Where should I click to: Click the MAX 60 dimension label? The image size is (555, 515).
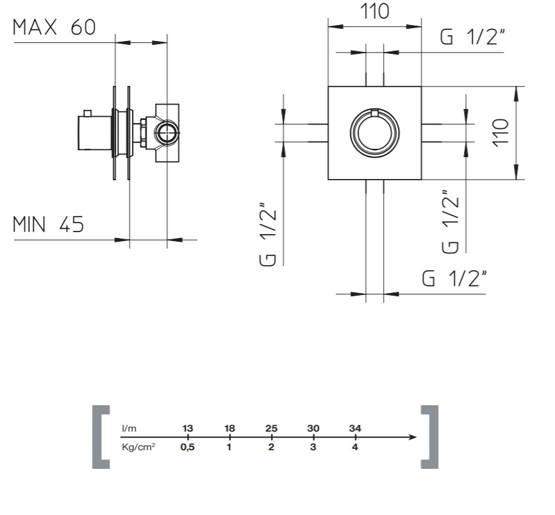pos(54,27)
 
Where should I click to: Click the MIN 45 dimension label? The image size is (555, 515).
pos(48,224)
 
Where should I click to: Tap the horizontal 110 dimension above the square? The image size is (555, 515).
pos(375,12)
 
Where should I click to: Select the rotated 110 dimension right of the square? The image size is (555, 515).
pos(500,133)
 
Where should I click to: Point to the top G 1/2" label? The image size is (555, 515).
pos(472,36)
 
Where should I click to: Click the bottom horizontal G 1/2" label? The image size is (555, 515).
pos(454,278)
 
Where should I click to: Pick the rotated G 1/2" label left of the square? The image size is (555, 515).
pos(268,234)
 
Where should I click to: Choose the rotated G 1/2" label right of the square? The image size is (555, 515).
pos(451,221)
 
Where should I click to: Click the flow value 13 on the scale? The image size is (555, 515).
pos(188,428)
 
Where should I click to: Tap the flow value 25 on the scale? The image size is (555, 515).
pos(271,428)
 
